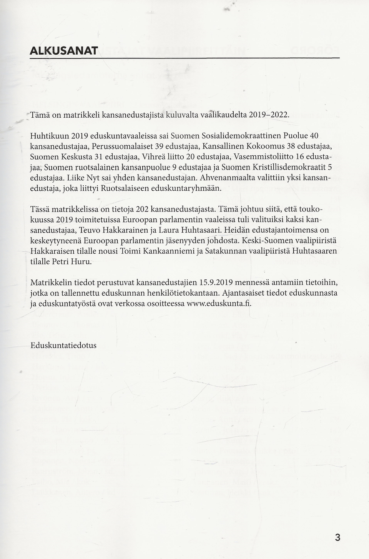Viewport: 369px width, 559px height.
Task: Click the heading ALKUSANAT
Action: pos(64,51)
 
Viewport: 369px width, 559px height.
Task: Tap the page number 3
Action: pos(337,537)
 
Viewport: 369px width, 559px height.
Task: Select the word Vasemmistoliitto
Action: pos(261,157)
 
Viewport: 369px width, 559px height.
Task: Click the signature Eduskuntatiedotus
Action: pos(63,345)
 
